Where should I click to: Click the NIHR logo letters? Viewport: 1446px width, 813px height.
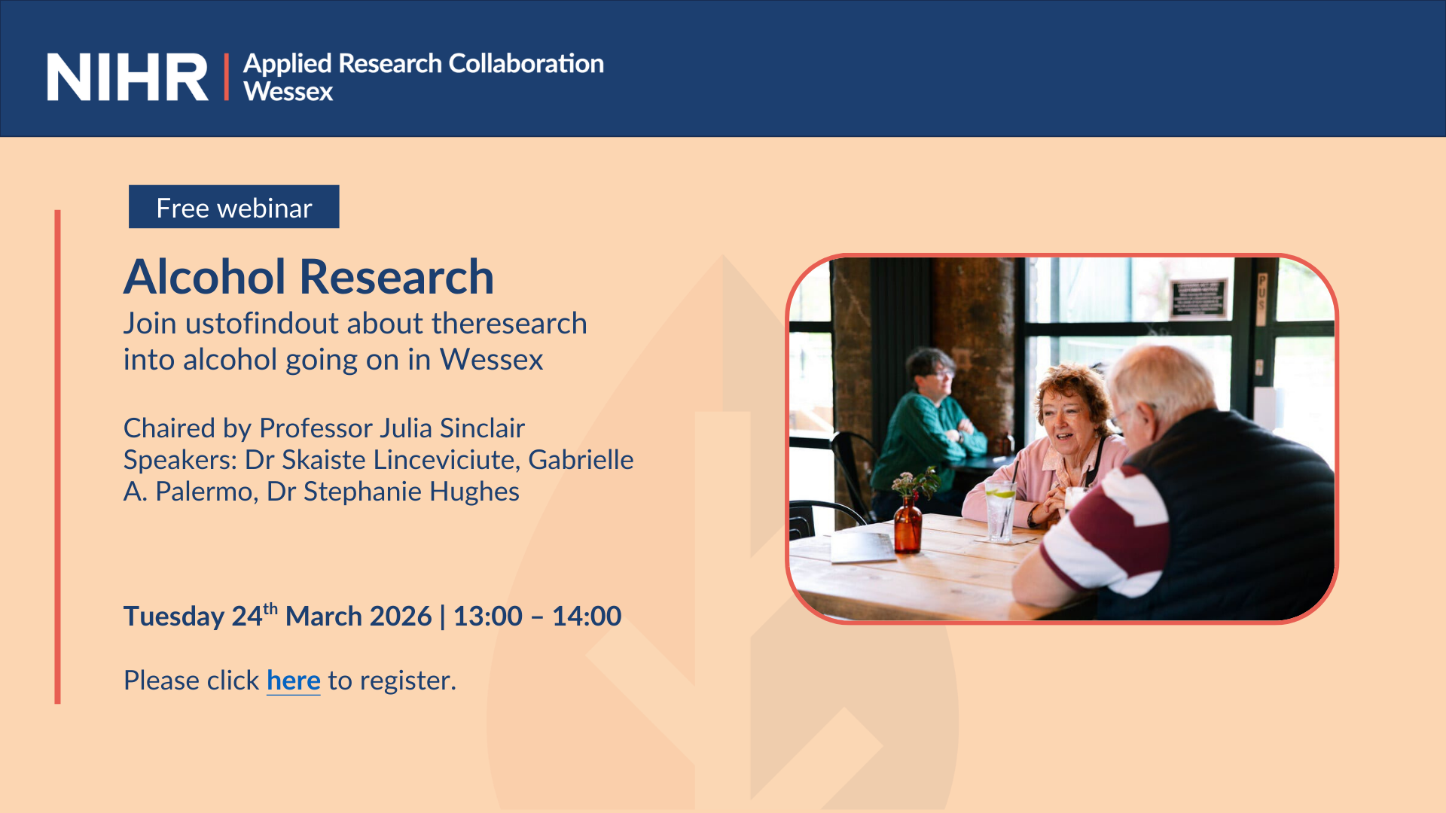[127, 77]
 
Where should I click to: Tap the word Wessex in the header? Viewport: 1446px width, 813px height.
[288, 92]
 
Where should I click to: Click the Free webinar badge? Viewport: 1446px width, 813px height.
[234, 207]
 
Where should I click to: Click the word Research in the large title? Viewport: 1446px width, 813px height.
[397, 276]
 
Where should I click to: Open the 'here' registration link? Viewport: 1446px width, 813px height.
[294, 681]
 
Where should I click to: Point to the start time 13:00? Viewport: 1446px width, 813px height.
[488, 617]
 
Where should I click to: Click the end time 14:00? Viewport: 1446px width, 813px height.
[587, 617]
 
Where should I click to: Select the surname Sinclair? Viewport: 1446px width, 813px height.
[482, 428]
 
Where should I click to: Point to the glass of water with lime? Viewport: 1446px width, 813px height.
[1001, 512]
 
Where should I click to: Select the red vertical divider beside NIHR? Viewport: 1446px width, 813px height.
[226, 77]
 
